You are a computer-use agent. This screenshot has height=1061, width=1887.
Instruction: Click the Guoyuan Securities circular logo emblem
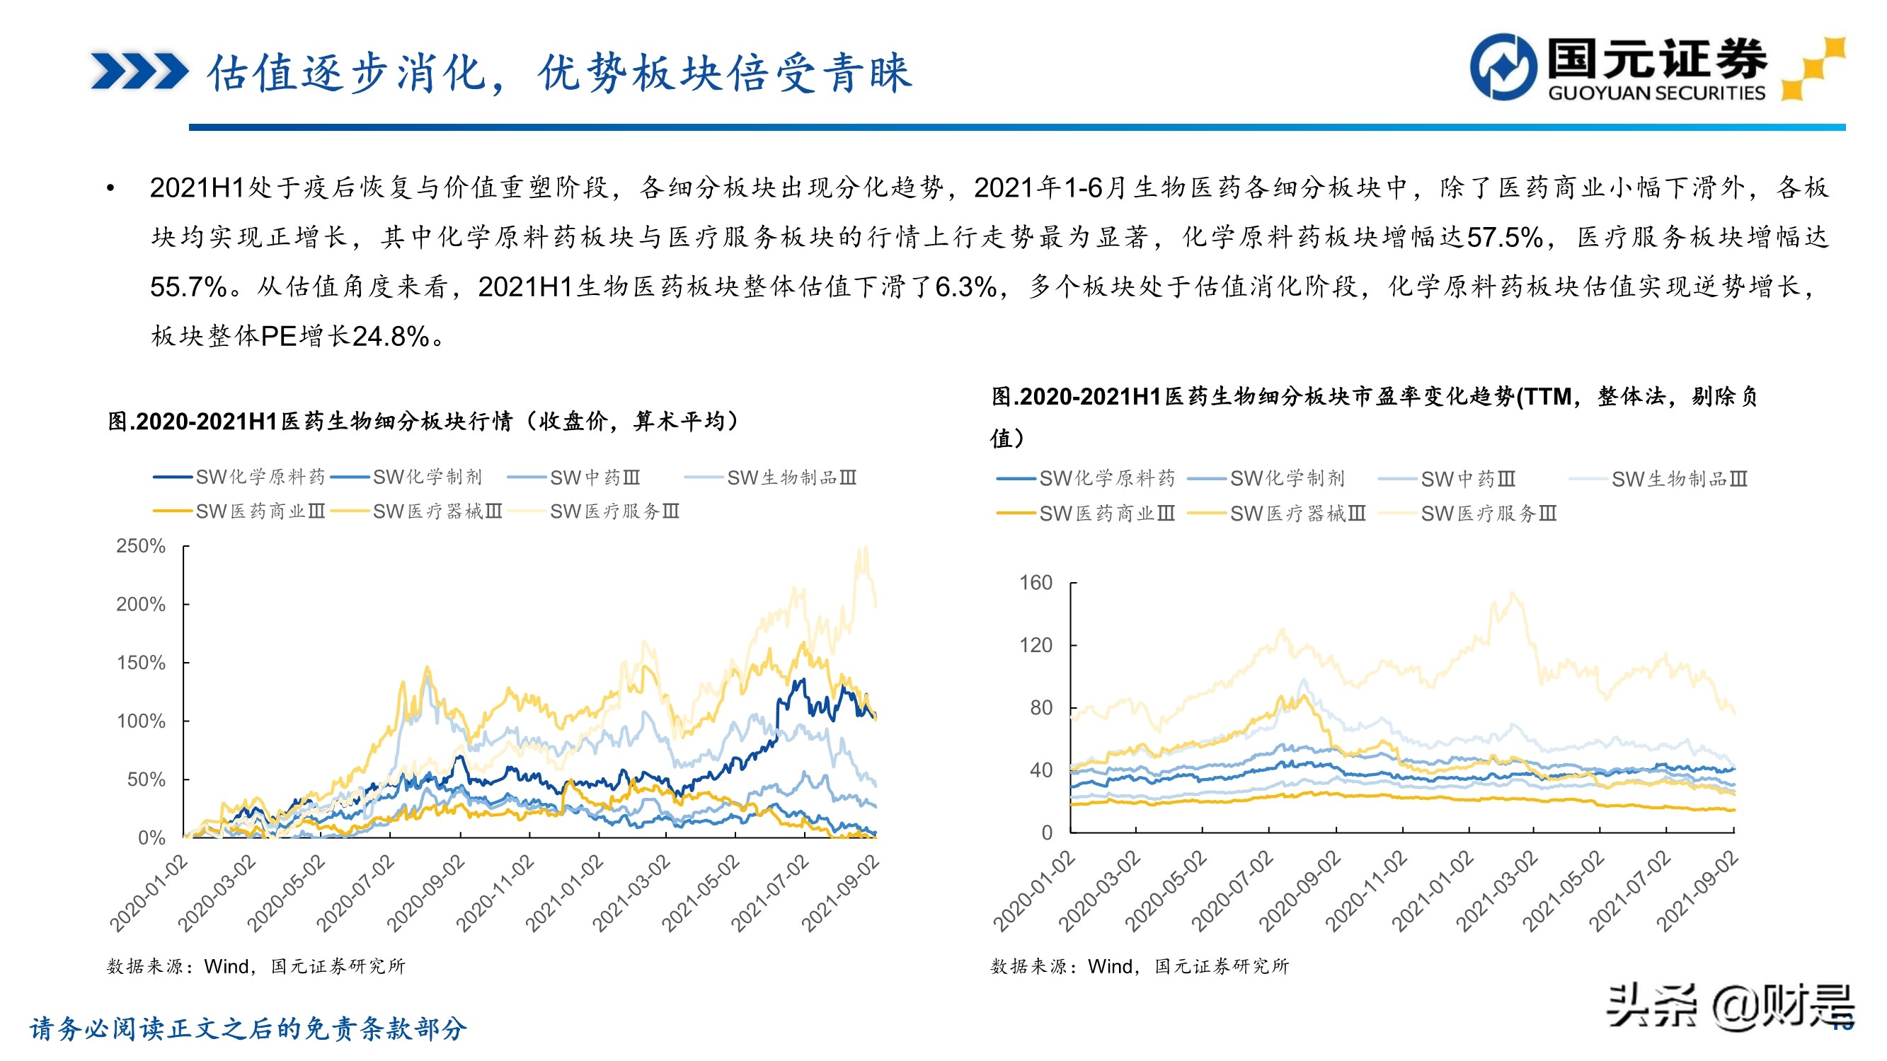(1503, 66)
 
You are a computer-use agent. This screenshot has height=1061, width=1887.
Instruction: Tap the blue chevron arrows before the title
(139, 71)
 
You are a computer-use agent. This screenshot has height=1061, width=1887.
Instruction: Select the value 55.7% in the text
(188, 287)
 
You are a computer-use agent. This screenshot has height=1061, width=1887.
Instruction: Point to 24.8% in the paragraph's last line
(391, 337)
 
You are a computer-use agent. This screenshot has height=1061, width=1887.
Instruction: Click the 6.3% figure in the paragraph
(965, 287)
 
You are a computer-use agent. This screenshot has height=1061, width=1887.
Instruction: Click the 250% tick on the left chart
(141, 546)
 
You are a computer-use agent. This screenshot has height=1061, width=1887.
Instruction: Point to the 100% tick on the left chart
(141, 721)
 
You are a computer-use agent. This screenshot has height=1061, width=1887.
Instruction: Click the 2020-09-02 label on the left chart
(425, 893)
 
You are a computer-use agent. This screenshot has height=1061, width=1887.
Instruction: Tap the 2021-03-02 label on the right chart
(1496, 891)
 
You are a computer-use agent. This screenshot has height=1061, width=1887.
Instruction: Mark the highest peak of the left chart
(865, 549)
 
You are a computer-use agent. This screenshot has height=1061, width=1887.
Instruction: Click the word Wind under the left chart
(227, 966)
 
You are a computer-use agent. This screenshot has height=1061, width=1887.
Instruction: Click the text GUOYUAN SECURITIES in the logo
(1656, 93)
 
